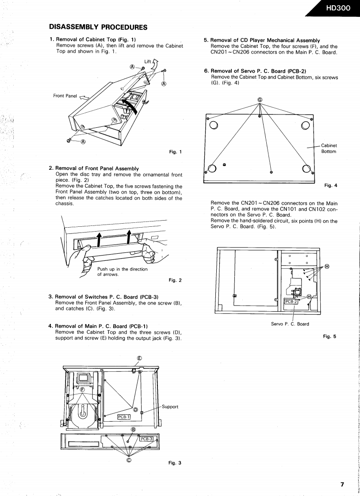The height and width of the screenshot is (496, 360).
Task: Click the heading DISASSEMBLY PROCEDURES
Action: point(98,27)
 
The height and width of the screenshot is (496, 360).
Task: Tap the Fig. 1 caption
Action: point(176,152)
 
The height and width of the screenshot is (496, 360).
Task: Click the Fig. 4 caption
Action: point(330,185)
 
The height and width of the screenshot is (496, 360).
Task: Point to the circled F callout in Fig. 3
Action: point(82,389)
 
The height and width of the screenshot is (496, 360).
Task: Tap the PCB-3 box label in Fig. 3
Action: point(146,439)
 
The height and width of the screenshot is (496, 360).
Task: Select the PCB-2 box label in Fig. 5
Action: point(291,301)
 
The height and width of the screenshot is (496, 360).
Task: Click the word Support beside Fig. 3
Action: point(170,407)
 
